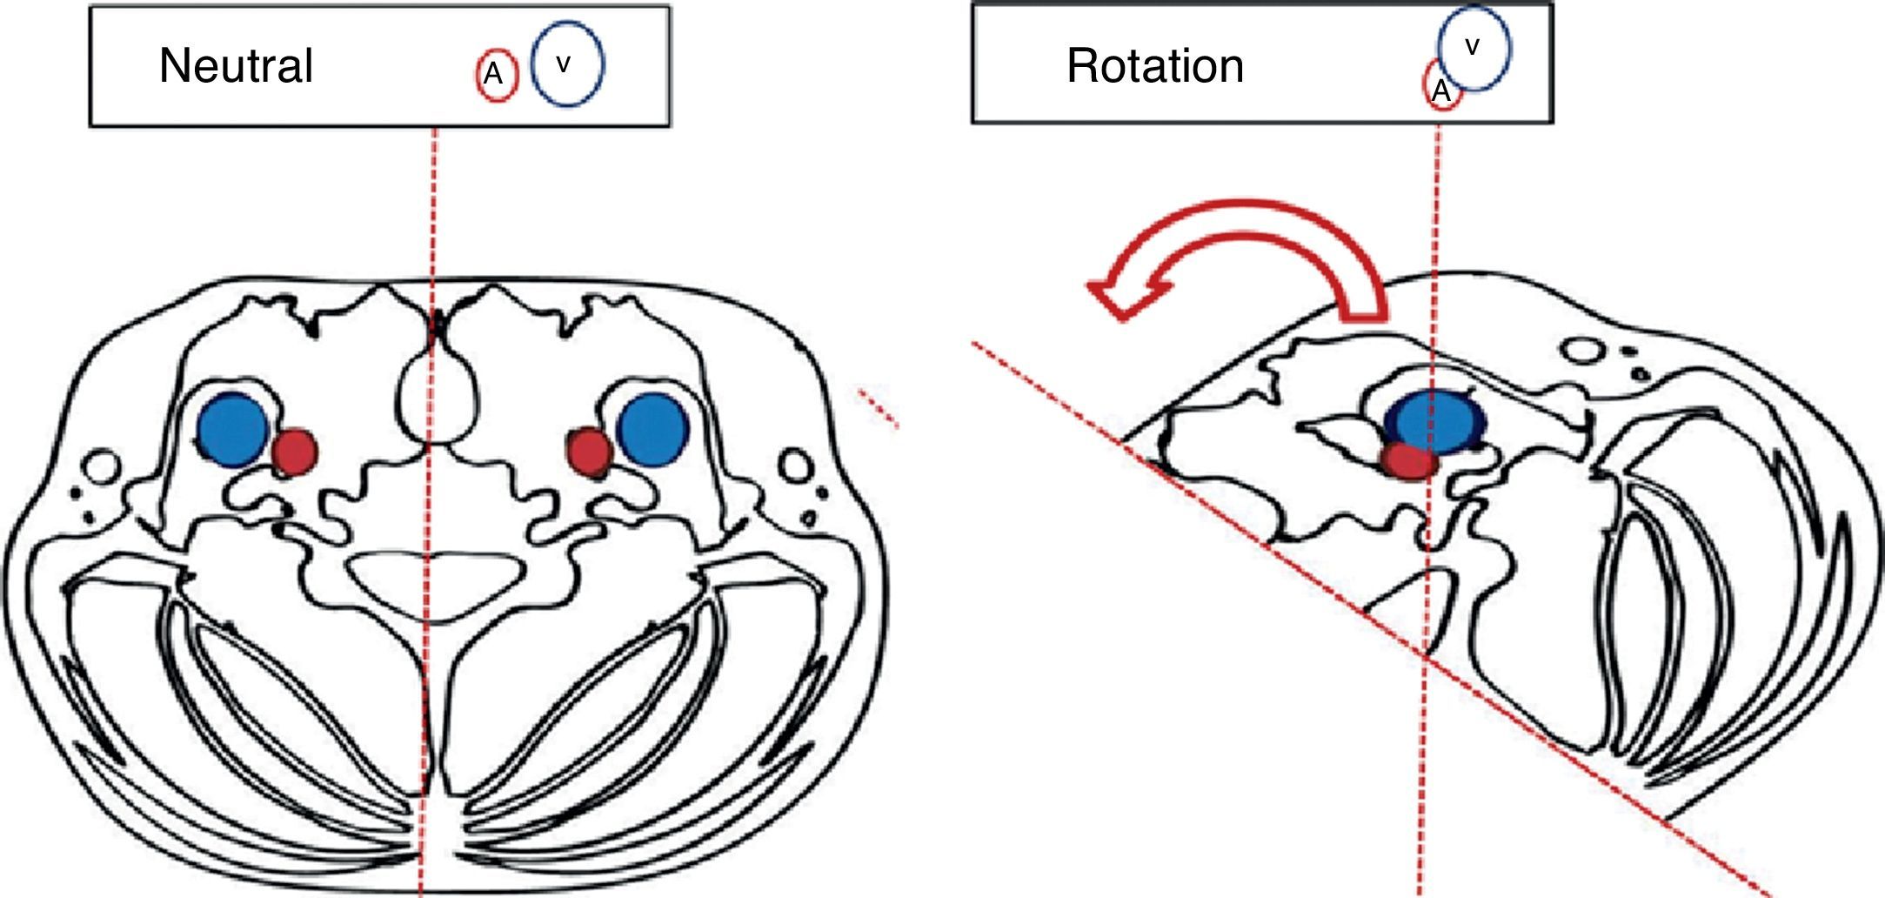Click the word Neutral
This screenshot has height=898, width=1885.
coord(236,66)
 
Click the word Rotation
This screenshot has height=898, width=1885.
coord(1154,66)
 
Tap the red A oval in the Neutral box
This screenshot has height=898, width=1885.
coord(497,75)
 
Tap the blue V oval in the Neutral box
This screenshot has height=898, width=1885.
coord(567,64)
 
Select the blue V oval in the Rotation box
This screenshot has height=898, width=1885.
coord(1474,49)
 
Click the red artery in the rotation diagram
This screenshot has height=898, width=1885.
coord(1409,461)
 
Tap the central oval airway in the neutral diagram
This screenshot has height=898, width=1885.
coord(437,400)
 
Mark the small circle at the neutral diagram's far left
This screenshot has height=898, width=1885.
coord(103,466)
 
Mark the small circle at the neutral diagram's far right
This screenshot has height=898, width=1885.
coord(794,466)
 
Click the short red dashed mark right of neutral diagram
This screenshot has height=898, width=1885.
coord(878,409)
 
